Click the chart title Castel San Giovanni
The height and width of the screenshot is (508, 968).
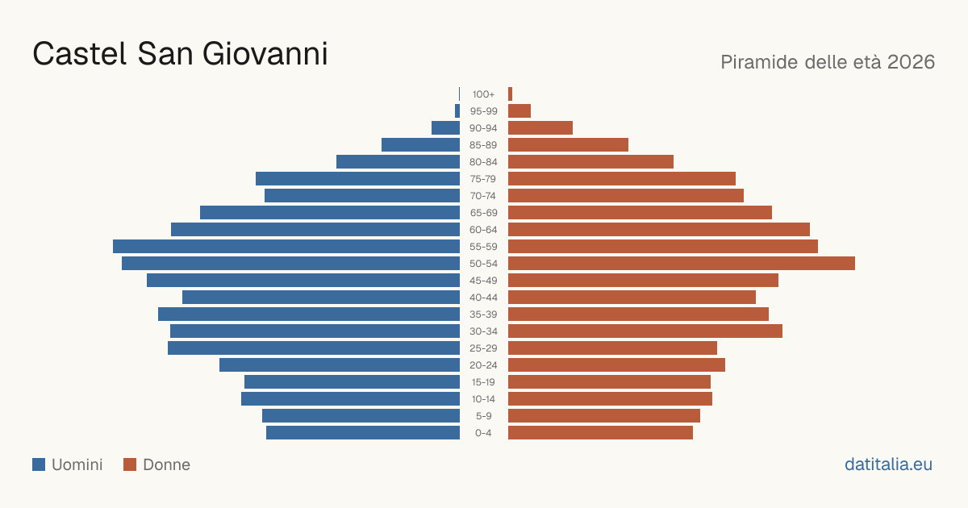(x=180, y=54)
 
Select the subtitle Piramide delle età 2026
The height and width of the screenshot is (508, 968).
(x=828, y=62)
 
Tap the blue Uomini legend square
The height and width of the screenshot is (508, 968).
(x=39, y=464)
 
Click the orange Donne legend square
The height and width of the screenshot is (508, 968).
(x=130, y=464)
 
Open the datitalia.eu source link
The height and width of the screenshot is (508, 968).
(x=888, y=464)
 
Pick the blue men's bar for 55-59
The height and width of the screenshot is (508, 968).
(x=286, y=246)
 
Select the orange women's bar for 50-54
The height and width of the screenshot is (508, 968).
(x=682, y=263)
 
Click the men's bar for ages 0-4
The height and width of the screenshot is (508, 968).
(x=363, y=432)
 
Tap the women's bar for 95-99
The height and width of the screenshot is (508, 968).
(x=519, y=111)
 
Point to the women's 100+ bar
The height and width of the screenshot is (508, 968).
(x=511, y=94)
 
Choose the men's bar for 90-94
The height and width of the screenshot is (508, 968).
(x=445, y=128)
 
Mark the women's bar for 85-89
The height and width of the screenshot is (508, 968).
(x=568, y=144)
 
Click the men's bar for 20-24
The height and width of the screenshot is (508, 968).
(x=340, y=365)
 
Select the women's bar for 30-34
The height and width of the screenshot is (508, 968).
(x=645, y=331)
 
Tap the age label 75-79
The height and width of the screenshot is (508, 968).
(x=483, y=179)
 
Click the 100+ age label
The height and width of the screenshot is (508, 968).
(x=483, y=94)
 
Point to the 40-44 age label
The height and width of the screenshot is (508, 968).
(x=483, y=298)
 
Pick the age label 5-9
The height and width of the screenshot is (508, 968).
(x=483, y=416)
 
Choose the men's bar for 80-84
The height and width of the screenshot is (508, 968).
(x=398, y=161)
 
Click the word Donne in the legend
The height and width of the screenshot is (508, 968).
(x=166, y=464)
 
